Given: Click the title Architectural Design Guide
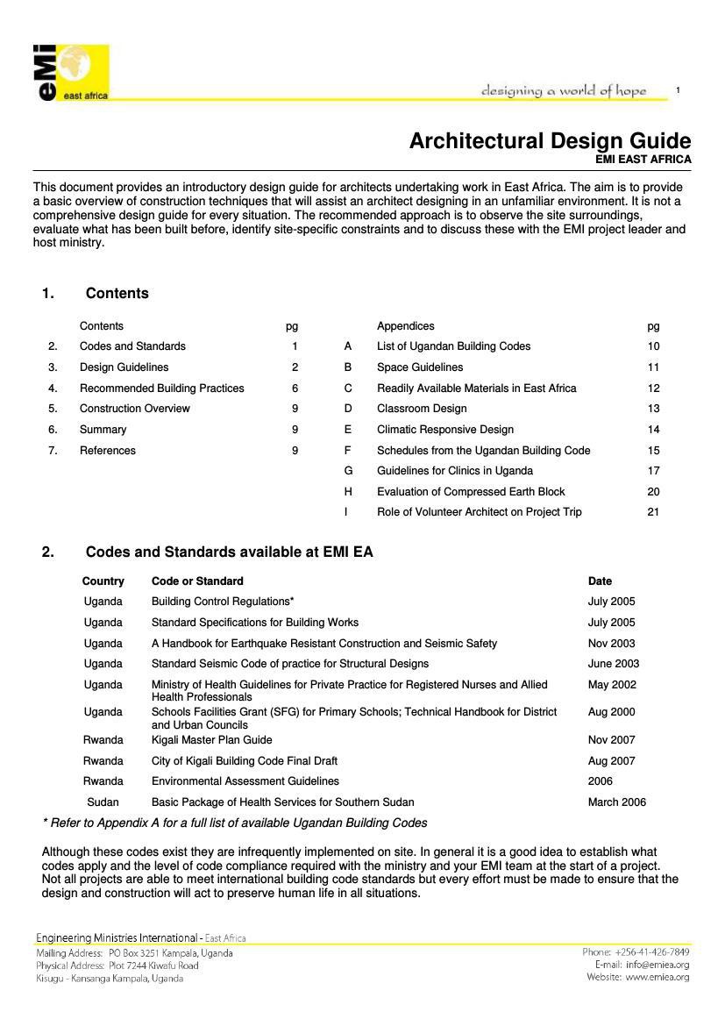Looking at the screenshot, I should pos(550,141).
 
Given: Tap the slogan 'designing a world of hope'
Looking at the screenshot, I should pos(563,91).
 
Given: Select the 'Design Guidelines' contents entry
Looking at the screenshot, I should pos(124,367).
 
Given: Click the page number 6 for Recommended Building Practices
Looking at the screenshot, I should pos(295,388).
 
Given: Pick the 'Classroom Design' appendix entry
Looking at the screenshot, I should pos(422,409).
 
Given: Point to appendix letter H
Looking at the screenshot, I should pos(348,492).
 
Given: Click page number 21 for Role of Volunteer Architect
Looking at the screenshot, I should pos(653,512).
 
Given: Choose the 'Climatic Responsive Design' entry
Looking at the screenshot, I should pos(445,430).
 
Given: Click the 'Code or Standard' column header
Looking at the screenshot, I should pos(197,581).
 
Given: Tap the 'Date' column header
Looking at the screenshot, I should pos(600,581).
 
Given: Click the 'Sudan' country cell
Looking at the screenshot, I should pos(103,802).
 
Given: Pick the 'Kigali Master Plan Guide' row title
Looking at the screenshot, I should pos(211,740).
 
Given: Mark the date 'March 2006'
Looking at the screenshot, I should pos(616,802).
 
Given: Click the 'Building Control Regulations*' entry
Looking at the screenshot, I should pos(223,602).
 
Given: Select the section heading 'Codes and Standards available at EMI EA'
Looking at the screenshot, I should pos(229,552).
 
